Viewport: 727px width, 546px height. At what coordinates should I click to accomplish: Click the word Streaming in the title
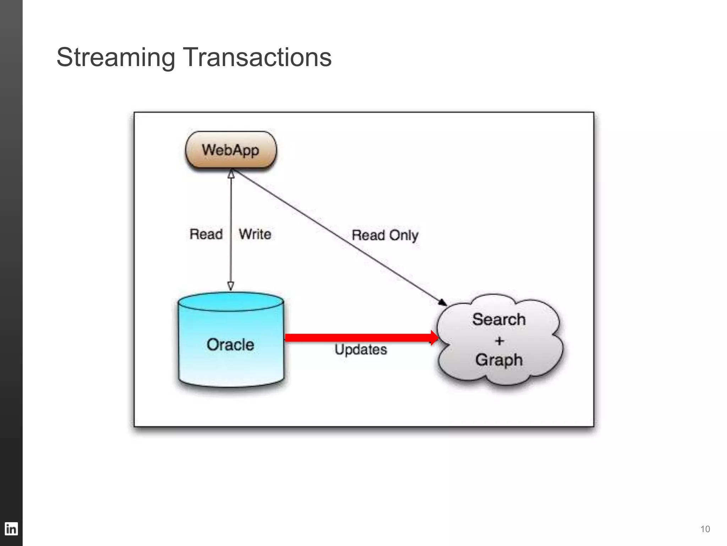[116, 58]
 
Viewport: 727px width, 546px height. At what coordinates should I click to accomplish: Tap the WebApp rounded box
[231, 150]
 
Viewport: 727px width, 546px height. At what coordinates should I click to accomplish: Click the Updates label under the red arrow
[361, 349]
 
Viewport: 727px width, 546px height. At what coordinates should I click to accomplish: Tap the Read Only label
[385, 235]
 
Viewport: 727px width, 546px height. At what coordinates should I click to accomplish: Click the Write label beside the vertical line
[255, 234]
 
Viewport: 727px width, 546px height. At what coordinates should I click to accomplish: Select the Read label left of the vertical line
[206, 234]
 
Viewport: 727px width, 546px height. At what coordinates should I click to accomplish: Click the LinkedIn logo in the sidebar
[11, 529]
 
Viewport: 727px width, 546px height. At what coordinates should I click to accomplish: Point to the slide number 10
[705, 529]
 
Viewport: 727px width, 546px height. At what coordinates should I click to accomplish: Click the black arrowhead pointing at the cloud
[442, 303]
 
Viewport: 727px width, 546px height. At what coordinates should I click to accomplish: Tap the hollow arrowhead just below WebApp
[231, 174]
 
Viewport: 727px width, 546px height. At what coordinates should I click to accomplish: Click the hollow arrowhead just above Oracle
[231, 286]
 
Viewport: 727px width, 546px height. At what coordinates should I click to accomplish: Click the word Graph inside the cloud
[499, 360]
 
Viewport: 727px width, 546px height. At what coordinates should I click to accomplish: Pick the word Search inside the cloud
[499, 319]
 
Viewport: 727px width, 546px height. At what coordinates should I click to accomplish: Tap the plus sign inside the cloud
[499, 341]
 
